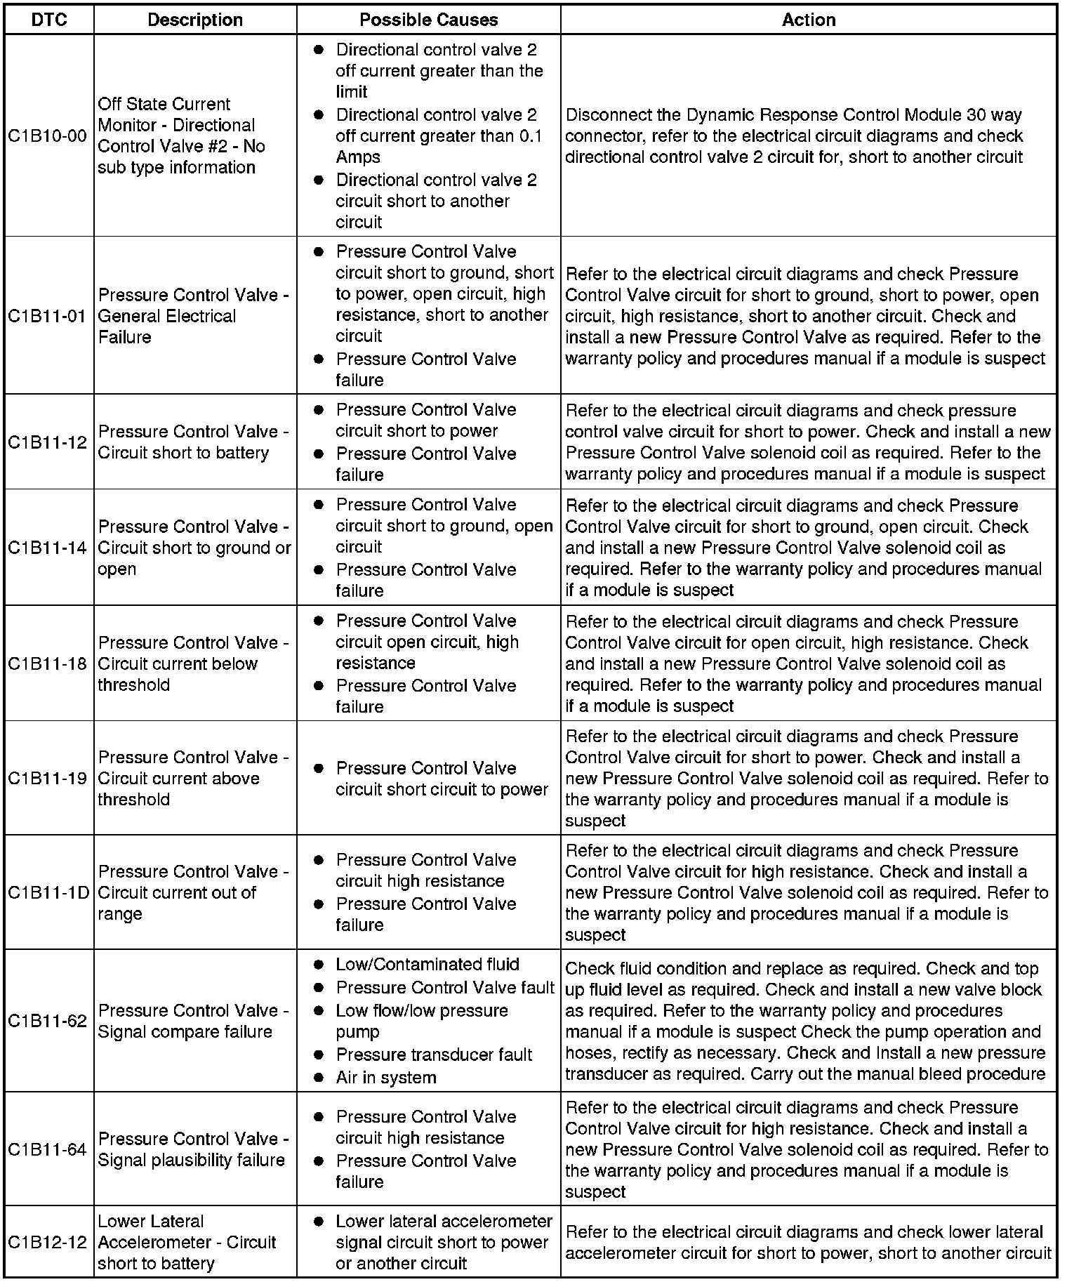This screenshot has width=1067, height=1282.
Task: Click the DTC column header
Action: click(x=49, y=20)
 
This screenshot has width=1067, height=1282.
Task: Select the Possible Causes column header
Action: click(x=428, y=20)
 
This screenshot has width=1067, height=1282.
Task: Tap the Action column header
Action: click(x=809, y=20)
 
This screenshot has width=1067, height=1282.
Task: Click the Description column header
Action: click(x=195, y=20)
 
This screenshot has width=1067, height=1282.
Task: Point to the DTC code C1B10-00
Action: click(x=48, y=136)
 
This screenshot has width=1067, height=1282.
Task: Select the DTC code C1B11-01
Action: click(x=48, y=316)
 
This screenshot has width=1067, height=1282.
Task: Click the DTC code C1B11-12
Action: click(x=48, y=442)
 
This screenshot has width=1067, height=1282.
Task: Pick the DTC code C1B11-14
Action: click(x=48, y=548)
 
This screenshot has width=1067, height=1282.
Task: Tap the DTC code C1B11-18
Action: click(x=48, y=663)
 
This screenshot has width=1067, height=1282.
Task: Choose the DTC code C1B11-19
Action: click(x=48, y=778)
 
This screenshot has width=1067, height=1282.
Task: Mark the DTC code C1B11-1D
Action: click(x=48, y=892)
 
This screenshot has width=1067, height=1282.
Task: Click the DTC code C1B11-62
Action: click(x=48, y=1021)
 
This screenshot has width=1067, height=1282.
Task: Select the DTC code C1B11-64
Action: click(x=48, y=1149)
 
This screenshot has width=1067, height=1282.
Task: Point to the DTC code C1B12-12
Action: click(x=48, y=1242)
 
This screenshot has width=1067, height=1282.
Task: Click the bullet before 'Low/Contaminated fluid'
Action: click(x=319, y=965)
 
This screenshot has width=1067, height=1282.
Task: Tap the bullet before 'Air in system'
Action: click(x=319, y=1077)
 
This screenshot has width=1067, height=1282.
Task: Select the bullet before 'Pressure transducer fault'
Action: click(x=319, y=1055)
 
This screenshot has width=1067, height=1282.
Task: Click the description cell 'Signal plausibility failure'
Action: click(x=192, y=1160)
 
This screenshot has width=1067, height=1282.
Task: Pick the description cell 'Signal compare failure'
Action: click(x=185, y=1031)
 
